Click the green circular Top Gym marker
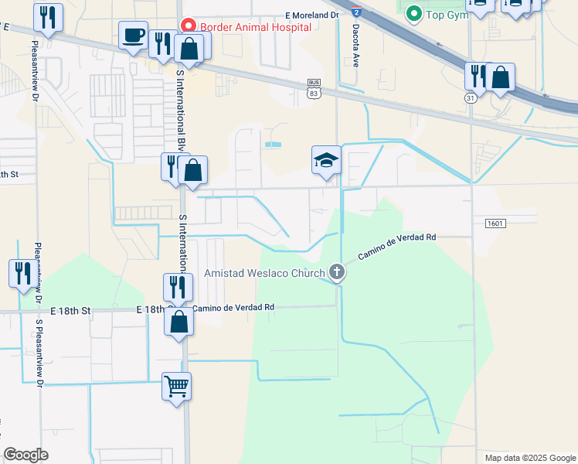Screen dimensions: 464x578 pos(413,13)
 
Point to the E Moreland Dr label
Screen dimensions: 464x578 pos(312,15)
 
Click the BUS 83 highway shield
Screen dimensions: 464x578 pos(313,88)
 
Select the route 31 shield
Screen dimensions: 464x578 pos(471,98)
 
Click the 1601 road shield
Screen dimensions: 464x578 pos(495,223)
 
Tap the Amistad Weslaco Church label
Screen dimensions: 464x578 pos(263,272)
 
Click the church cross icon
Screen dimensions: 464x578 pos(336,271)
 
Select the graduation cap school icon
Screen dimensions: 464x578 pos(326,160)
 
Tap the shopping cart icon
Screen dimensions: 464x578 pos(176,385)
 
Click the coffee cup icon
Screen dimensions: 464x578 pos(133,36)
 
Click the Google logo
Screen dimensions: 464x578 pos(25,455)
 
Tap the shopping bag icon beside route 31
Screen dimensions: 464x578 pos(501,77)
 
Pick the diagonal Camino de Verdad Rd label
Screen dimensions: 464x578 pos(397,246)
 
